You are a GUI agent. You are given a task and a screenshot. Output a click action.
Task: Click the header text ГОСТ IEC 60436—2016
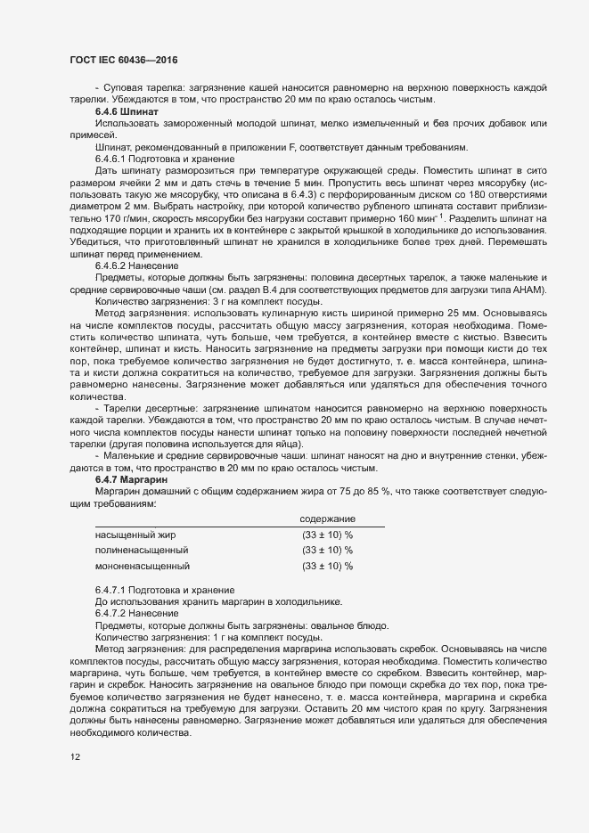(x=123, y=59)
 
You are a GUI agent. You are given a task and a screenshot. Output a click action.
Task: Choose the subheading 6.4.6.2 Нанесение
(x=138, y=265)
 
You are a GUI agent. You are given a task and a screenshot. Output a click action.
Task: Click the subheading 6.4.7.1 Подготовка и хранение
(x=165, y=590)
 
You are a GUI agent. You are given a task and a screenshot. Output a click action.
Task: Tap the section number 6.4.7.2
(x=113, y=613)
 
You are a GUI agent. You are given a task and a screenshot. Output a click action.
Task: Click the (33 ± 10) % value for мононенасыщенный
(x=328, y=566)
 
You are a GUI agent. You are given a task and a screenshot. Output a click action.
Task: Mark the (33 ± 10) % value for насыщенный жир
(x=328, y=535)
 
